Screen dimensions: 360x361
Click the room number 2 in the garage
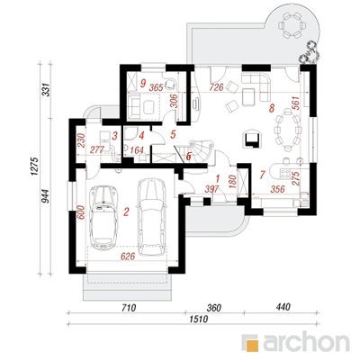coord(126,212)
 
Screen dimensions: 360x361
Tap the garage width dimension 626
coord(127,256)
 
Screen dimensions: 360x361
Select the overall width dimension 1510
coord(198,320)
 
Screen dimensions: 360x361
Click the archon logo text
coord(307,342)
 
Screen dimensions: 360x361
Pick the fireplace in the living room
coord(251,138)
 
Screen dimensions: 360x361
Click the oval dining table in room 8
coord(286,129)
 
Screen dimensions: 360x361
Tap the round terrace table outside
coord(290,24)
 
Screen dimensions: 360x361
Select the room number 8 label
coord(272,108)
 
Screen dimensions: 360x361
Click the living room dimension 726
coord(217,87)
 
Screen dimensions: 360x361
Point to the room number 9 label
coord(143,82)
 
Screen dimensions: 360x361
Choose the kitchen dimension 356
coord(276,189)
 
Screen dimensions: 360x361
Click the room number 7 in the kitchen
coord(263,175)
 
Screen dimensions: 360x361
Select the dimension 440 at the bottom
coord(283,307)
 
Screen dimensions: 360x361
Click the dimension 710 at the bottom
coord(129,308)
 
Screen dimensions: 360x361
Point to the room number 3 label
coord(115,136)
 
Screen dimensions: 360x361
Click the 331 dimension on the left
coord(46,89)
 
